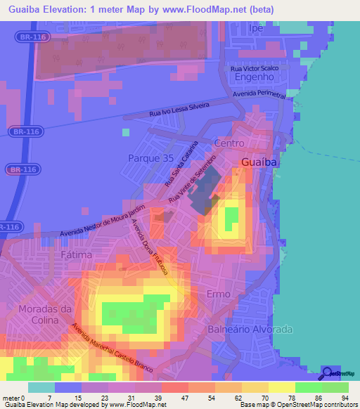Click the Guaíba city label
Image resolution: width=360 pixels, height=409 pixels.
pyautogui.click(x=260, y=162)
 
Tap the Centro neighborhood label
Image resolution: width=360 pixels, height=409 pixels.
pyautogui.click(x=229, y=143)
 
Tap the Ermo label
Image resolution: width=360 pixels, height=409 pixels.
pyautogui.click(x=219, y=293)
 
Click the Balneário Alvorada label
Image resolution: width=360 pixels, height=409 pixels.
pyautogui.click(x=250, y=329)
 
